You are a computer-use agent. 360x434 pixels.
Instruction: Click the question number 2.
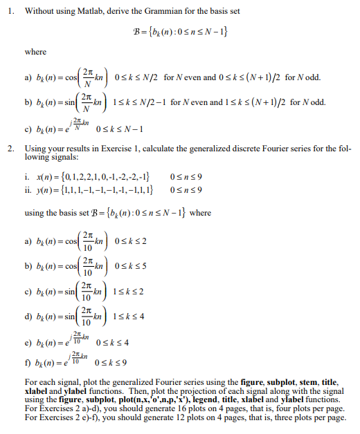click(9, 149)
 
